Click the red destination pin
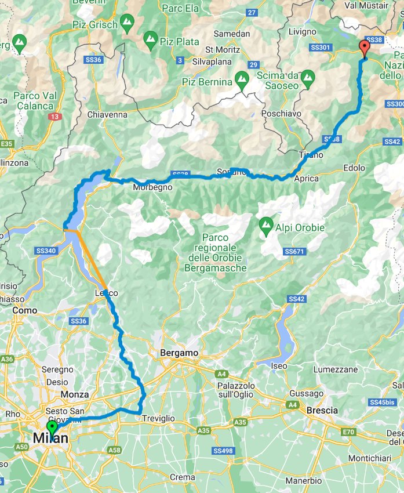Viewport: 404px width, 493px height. (365, 48)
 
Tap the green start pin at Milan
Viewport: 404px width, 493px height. (52, 429)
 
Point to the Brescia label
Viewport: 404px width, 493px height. (322, 410)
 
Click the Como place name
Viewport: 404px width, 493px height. (24, 311)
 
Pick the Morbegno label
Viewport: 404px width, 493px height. (153, 187)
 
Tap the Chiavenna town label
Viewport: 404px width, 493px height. (107, 114)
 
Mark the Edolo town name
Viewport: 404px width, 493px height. (354, 168)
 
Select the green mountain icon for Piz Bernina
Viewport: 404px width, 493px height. (242, 79)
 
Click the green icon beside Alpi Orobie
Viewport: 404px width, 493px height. (266, 223)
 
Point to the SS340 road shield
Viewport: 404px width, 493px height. (46, 251)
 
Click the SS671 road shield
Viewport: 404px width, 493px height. (294, 251)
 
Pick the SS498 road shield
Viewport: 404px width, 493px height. (223, 451)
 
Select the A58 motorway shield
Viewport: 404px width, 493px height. (115, 449)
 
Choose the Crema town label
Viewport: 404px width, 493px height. (182, 477)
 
